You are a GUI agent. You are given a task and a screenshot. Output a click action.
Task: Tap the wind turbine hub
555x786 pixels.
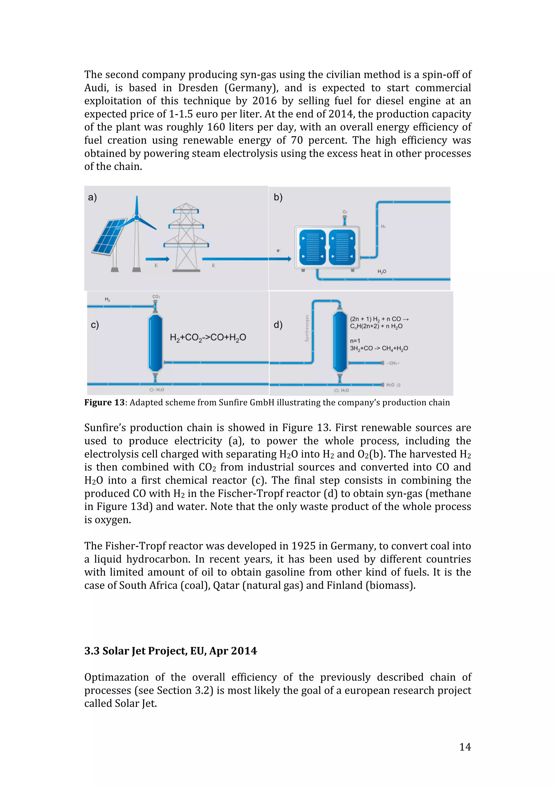click(x=137, y=217)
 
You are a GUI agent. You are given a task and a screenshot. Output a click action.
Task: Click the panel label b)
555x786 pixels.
click(x=278, y=197)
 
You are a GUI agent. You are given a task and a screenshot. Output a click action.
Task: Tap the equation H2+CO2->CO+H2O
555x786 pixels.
click(x=208, y=338)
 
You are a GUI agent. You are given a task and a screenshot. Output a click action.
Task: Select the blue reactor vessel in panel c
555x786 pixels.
click(x=155, y=343)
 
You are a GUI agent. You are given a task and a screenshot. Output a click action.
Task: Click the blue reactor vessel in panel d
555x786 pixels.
click(x=340, y=342)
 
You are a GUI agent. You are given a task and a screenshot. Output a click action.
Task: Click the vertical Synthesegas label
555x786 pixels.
click(x=307, y=328)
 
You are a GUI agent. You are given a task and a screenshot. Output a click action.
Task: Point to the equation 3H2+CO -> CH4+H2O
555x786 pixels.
click(x=379, y=349)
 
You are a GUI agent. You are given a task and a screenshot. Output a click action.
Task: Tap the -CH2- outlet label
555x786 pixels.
click(x=393, y=363)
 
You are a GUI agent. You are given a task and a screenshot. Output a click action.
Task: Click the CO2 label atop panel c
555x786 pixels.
click(x=156, y=296)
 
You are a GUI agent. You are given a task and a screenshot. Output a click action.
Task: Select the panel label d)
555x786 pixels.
click(x=278, y=325)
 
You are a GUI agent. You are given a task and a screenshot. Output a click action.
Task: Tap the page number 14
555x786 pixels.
click(x=465, y=747)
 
